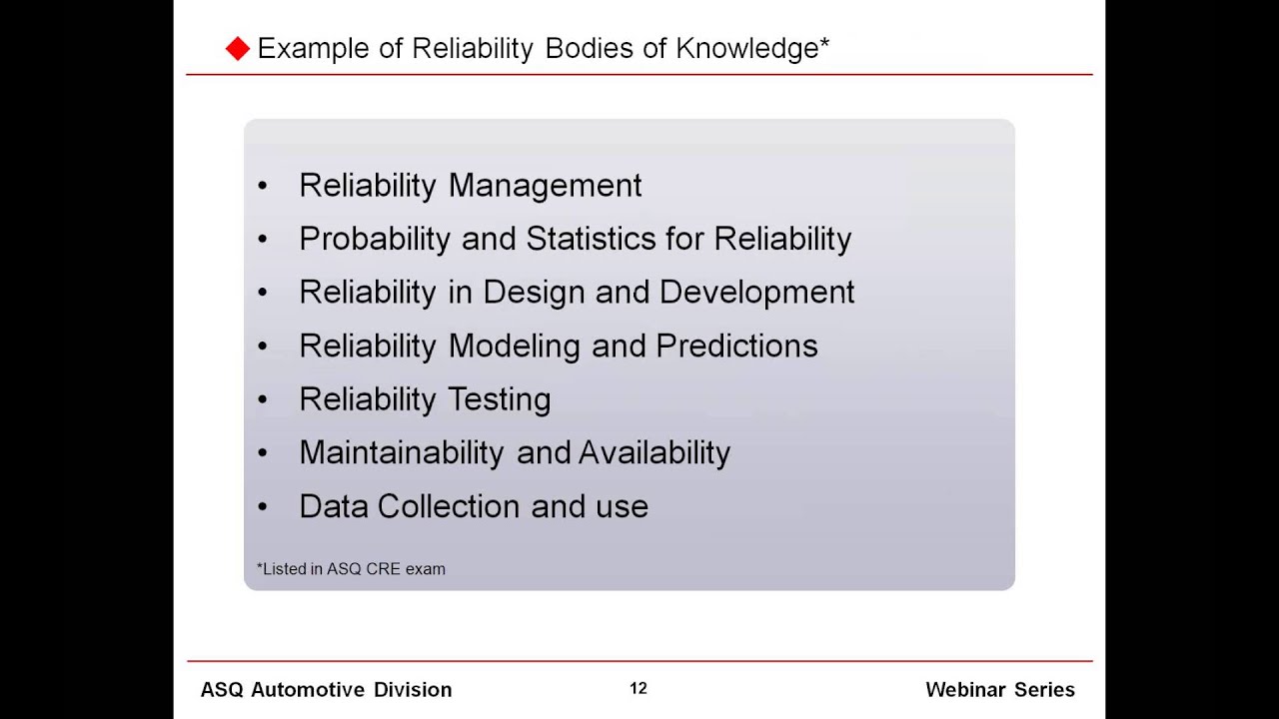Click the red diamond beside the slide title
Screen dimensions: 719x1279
(x=237, y=49)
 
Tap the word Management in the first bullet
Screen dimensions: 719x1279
(x=545, y=186)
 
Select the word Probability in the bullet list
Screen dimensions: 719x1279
(x=376, y=239)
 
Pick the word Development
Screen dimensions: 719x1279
(x=756, y=292)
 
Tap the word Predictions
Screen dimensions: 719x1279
(x=736, y=346)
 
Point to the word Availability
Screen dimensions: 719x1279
(x=653, y=452)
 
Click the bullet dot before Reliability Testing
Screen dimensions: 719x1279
(x=263, y=399)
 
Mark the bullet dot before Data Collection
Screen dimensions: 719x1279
(x=263, y=506)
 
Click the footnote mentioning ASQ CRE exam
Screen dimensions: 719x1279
(x=351, y=569)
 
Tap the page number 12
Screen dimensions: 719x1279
(x=639, y=688)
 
